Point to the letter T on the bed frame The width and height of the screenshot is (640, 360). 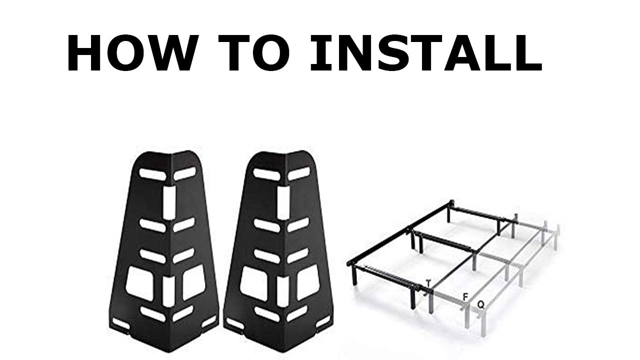click(x=428, y=283)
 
